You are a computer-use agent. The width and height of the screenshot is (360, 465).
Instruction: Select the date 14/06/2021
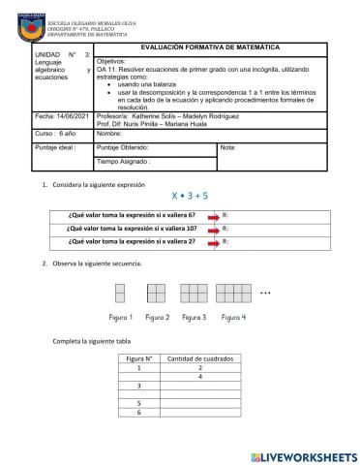click(52, 116)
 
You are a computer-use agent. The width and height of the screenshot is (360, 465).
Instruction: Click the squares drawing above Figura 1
click(121, 294)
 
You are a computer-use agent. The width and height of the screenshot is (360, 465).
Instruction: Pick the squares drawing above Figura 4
click(233, 294)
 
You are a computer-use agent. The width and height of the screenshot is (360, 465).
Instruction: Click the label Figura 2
click(157, 317)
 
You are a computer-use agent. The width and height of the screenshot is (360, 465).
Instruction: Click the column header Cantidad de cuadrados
click(199, 358)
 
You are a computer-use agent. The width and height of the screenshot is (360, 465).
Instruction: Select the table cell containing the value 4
click(199, 379)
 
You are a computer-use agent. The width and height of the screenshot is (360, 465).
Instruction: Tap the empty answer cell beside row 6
click(199, 412)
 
